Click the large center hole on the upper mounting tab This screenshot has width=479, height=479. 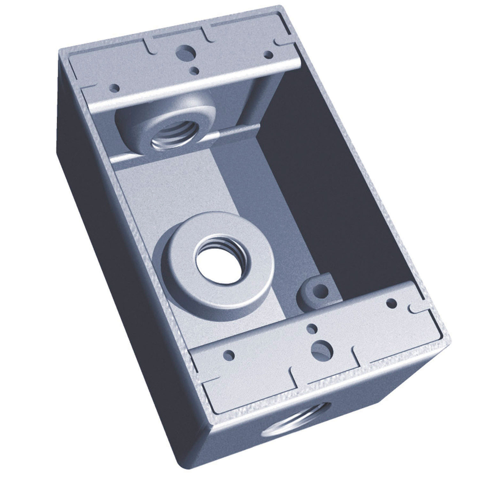click(185, 52)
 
